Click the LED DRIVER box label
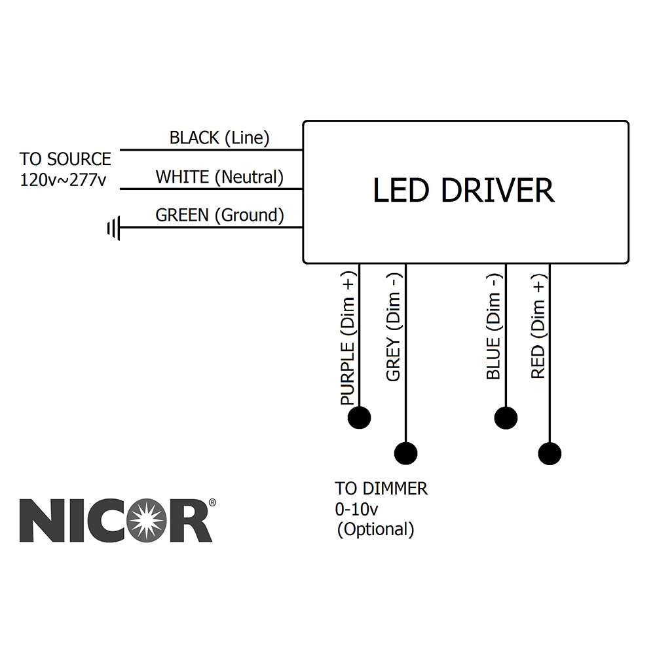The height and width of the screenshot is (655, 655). tap(463, 191)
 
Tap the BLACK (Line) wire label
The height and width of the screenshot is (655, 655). tap(219, 138)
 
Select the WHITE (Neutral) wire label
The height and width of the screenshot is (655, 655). tap(219, 177)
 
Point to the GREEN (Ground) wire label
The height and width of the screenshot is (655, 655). tap(219, 215)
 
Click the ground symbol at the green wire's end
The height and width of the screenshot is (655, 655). tap(114, 229)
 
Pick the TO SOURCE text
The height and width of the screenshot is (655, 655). tap(65, 159)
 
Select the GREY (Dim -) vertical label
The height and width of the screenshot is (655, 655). tap(393, 327)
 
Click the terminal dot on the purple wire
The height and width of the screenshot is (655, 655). tap(360, 417)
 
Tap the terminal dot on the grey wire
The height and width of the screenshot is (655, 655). tap(406, 453)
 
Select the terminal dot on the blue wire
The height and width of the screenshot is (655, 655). tap(506, 417)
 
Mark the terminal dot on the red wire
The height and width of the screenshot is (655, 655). tap(550, 453)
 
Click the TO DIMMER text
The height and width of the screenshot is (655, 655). tap(381, 489)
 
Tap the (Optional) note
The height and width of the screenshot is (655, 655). tap(375, 529)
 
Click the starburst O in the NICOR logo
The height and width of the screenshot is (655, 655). tap(146, 520)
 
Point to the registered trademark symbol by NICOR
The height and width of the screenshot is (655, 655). tap(212, 503)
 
